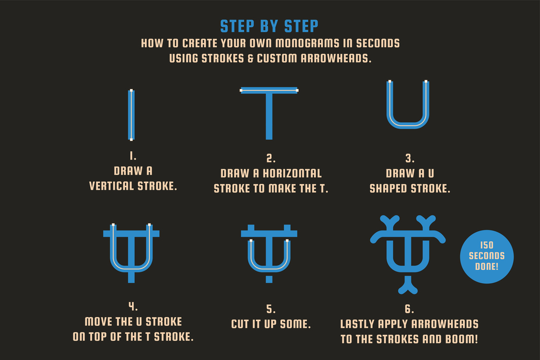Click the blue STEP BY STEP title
(x=269, y=26)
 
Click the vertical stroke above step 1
(x=131, y=115)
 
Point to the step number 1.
(x=133, y=156)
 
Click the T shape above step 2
(x=269, y=113)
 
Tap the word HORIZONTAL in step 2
(x=292, y=173)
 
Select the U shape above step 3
(x=408, y=126)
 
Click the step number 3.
(x=409, y=159)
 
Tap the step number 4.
(x=133, y=306)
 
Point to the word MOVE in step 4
(x=98, y=321)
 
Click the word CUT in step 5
(x=240, y=324)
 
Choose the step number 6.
(x=409, y=308)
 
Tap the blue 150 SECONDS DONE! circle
(x=487, y=257)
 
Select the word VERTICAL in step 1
(x=112, y=186)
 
